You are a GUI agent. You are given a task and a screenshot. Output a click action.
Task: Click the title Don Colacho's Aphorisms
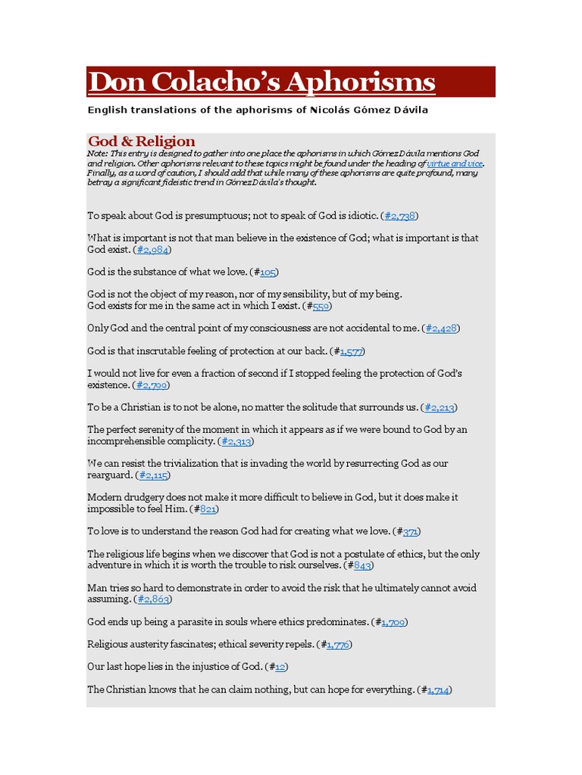[x=261, y=82]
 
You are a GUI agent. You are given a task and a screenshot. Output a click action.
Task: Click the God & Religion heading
[x=142, y=142]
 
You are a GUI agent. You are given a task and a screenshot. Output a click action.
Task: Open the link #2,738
[x=399, y=216]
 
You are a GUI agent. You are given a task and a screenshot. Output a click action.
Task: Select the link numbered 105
[x=268, y=272]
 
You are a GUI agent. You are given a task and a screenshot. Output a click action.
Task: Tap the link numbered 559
[x=321, y=307]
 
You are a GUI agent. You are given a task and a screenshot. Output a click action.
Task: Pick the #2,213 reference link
[x=440, y=408]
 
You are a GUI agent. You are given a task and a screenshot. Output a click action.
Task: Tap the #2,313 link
[x=235, y=441]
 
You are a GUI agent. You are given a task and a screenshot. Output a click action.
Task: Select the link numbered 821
[x=208, y=509]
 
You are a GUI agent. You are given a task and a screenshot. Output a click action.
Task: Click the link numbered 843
[x=362, y=565]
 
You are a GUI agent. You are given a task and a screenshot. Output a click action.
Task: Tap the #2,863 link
[x=153, y=599]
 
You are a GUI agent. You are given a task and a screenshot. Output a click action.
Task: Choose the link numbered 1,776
[x=337, y=644]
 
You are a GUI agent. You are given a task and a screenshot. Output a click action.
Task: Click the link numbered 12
[x=280, y=667]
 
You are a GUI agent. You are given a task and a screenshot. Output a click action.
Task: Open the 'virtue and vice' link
[x=455, y=163]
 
